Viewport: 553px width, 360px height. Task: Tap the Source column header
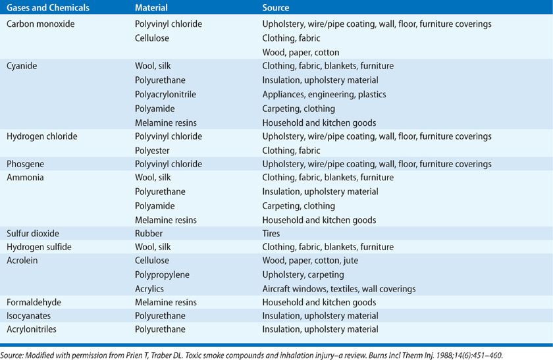tap(275, 8)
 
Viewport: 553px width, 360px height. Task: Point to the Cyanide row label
tap(22, 66)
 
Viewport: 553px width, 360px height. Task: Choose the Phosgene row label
tap(24, 164)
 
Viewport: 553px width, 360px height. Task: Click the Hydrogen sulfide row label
tap(38, 247)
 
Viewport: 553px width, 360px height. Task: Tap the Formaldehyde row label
tap(34, 302)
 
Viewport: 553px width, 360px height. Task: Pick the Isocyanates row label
tap(30, 316)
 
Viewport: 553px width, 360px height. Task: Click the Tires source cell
tap(271, 233)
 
